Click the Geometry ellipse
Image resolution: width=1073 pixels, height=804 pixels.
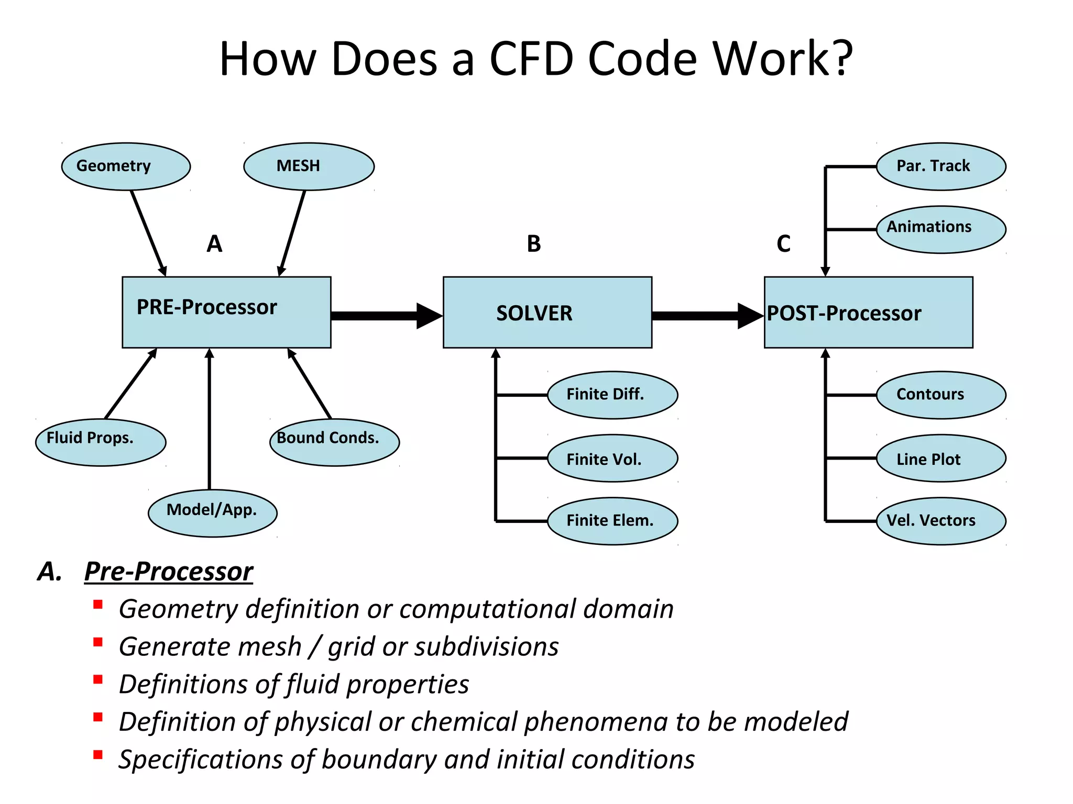tap(126, 166)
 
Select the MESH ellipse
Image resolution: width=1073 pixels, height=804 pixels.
tap(309, 166)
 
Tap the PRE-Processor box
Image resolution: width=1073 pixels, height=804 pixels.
tap(226, 312)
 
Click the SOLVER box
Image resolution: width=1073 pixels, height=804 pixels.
tap(547, 312)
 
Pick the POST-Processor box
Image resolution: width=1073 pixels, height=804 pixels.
tap(868, 312)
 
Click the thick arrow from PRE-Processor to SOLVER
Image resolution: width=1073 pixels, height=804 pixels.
tap(386, 316)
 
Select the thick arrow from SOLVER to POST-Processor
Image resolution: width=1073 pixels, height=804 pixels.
tap(707, 316)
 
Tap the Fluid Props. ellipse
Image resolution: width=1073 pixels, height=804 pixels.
tap(101, 442)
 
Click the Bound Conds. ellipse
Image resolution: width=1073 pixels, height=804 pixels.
tap(334, 442)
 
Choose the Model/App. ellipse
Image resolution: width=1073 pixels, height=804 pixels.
tap(212, 513)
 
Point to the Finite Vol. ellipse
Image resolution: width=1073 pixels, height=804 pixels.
tap(612, 459)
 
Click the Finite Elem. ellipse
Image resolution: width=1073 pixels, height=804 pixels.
tap(612, 521)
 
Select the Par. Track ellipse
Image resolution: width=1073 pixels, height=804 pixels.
tap(940, 166)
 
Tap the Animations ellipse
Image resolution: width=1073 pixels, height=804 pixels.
tap(940, 229)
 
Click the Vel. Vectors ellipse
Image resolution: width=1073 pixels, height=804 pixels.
tap(940, 521)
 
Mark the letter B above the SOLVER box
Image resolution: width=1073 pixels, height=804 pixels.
tap(533, 244)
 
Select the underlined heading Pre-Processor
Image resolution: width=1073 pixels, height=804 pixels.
tap(168, 571)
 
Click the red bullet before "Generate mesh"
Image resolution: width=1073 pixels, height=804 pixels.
tap(98, 642)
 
